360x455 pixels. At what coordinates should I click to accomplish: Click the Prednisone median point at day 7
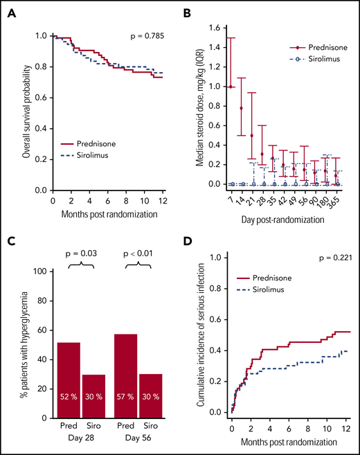pyautogui.click(x=231, y=87)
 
